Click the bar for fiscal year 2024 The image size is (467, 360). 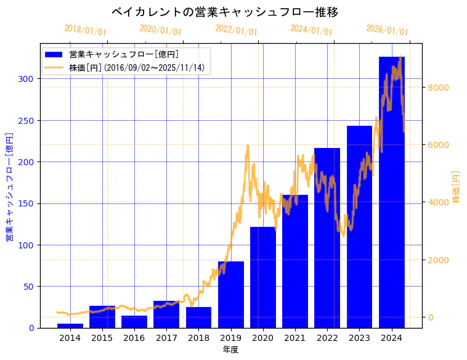392,197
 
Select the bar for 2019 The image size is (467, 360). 231,296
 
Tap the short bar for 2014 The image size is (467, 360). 70,325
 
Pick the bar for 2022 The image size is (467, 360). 327,240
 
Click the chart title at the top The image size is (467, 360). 225,12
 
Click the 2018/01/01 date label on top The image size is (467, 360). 85,30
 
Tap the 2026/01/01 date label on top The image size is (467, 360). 387,30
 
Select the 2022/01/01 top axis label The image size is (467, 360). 236,30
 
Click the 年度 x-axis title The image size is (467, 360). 230,350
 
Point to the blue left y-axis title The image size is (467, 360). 10,186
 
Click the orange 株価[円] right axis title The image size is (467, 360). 457,186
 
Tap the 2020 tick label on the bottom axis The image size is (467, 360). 262,338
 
